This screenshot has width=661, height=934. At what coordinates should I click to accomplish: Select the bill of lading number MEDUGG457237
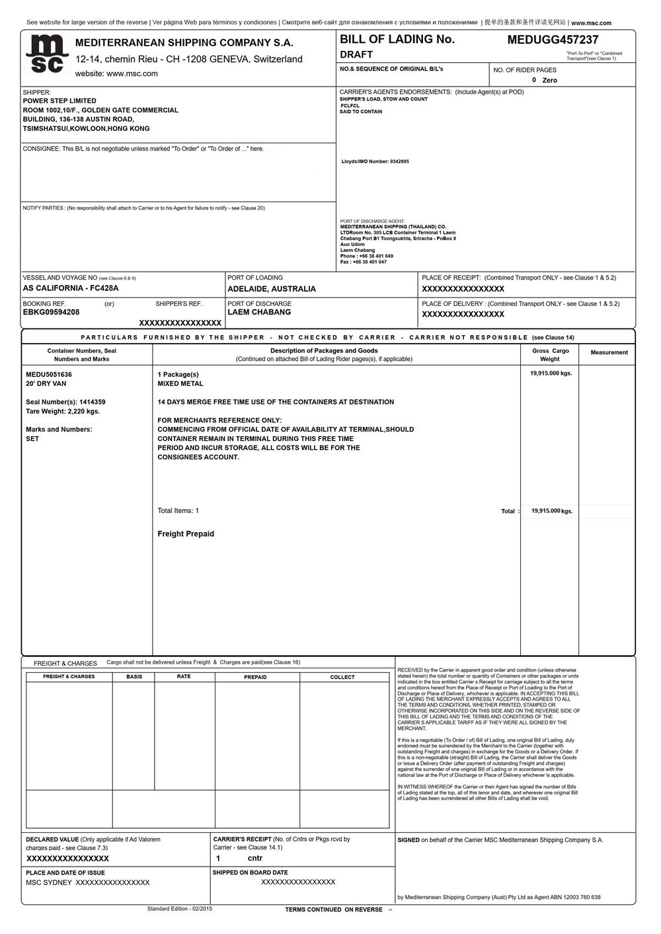[x=553, y=40]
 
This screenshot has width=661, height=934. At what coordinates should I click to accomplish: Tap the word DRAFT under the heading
[x=356, y=54]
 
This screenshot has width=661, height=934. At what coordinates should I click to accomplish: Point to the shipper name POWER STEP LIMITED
[x=59, y=101]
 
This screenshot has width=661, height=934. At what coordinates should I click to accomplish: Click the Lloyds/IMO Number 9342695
[x=375, y=161]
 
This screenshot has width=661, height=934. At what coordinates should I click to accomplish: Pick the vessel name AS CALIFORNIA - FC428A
[x=71, y=288]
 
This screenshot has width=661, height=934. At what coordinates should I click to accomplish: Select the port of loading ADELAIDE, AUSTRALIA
[x=272, y=289]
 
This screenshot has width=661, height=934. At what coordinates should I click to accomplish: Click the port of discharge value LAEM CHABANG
[x=259, y=312]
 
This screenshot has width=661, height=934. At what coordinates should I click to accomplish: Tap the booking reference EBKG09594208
[x=51, y=312]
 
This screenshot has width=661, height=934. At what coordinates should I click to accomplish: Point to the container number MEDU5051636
[x=49, y=374]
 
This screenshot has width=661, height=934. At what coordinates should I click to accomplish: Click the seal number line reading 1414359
[x=65, y=402]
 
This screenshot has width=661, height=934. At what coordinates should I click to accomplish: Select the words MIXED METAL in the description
[x=180, y=383]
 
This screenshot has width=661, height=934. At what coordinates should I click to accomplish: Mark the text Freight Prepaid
[x=186, y=534]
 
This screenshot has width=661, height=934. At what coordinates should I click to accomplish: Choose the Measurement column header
[x=609, y=352]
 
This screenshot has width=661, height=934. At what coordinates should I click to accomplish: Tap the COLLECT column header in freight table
[x=342, y=677]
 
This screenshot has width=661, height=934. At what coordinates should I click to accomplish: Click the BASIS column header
[x=134, y=677]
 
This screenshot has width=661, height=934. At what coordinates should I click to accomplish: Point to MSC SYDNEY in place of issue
[x=48, y=882]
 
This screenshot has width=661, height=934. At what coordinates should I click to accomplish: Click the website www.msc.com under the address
[x=116, y=73]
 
